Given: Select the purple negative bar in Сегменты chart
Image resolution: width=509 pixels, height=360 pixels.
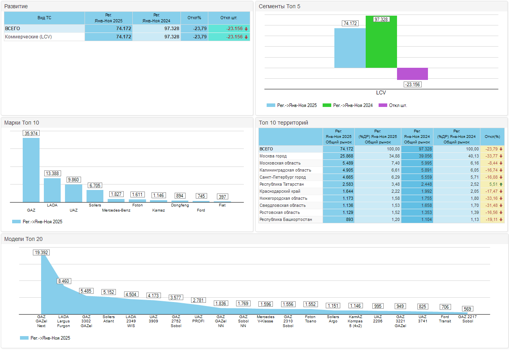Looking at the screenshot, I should click(412, 74).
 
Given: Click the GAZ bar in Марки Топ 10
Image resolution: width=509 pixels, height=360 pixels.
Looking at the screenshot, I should click(31, 170).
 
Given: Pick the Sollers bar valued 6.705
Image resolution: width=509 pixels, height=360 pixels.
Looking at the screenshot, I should click(95, 196).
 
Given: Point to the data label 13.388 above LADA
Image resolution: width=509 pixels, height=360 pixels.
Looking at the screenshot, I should click(52, 174).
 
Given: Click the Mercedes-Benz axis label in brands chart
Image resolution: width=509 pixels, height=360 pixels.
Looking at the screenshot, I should click(116, 210).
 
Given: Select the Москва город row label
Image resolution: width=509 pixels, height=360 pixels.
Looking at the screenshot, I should click(273, 156).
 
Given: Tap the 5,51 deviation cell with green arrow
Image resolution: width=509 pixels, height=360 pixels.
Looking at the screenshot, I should click(492, 185).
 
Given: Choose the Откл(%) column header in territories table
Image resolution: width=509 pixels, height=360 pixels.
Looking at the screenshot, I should click(492, 137).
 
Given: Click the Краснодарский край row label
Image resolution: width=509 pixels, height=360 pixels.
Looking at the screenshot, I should click(280, 192).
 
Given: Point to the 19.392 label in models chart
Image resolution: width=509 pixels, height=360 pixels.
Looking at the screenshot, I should click(41, 253).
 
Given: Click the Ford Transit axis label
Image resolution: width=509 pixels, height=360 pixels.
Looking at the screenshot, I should click(445, 319).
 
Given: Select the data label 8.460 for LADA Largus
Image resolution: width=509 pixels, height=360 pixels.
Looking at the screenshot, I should click(63, 281).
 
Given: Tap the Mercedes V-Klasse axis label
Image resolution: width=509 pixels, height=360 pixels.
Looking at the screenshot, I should click(265, 319).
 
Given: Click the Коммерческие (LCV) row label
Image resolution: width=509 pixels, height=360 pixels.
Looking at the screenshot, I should click(28, 37).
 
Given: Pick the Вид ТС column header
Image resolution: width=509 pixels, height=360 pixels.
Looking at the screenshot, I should click(44, 18).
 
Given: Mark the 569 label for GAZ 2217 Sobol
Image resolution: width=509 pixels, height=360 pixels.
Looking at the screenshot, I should click(467, 309).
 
